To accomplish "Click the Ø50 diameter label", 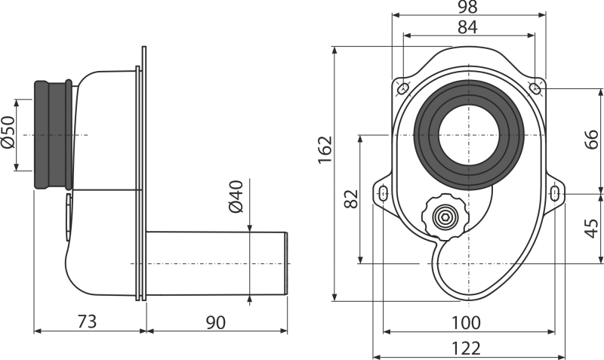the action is click(8, 131).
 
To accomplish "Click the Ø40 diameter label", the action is click(236, 196).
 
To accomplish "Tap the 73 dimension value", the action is click(87, 322).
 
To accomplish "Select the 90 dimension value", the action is click(216, 322).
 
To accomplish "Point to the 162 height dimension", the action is click(325, 149).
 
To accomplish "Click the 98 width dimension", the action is click(467, 7).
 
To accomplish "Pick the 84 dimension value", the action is click(467, 27).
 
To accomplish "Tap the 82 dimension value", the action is click(351, 198).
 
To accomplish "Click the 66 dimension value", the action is click(591, 139).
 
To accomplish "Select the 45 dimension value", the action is click(591, 229).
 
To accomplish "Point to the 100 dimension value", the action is click(466, 323).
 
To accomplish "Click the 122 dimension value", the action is click(466, 349).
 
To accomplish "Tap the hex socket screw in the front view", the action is click(445, 217).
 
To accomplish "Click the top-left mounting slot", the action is click(403, 88).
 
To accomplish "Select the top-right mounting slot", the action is click(535, 88).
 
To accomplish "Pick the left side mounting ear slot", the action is click(384, 193).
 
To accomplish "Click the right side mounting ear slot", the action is click(555, 193).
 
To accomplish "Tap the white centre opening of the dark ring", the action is click(468, 135).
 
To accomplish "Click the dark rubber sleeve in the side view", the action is click(53, 135).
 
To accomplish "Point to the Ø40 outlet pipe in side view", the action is click(217, 263).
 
